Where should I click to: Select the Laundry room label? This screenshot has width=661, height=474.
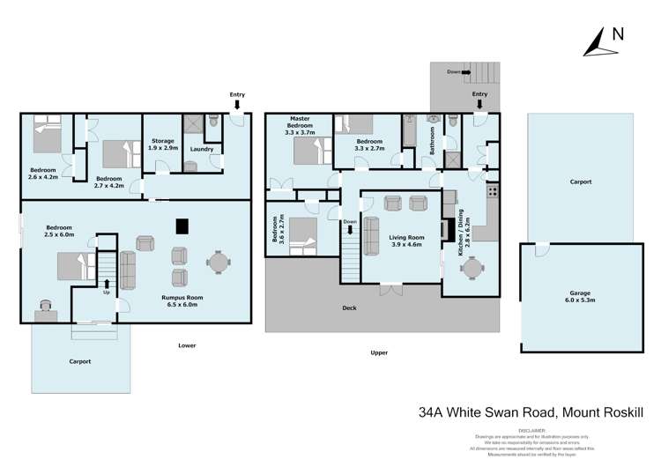coord(202,149)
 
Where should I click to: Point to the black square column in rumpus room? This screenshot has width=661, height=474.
coord(182,226)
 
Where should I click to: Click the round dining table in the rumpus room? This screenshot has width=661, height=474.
coord(218,263)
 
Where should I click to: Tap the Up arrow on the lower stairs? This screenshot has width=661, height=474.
coord(108,284)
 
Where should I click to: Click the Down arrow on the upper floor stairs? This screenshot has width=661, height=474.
coord(351,228)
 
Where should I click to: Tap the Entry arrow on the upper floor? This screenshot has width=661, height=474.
coord(479,102)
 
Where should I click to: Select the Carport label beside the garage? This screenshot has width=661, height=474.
coord(580,181)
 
